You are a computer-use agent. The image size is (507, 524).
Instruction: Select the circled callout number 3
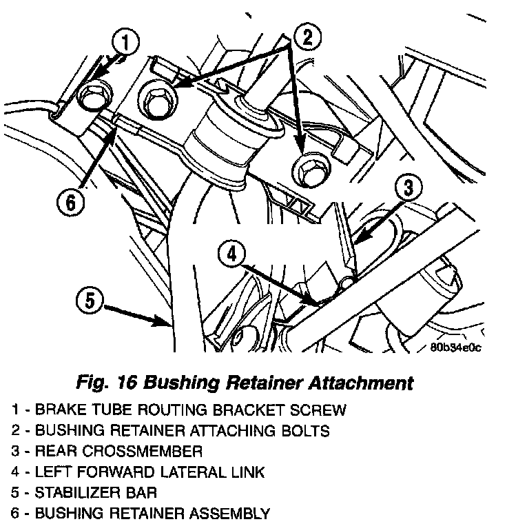(x=408, y=187)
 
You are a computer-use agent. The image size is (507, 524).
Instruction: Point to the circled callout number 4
(x=231, y=256)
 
